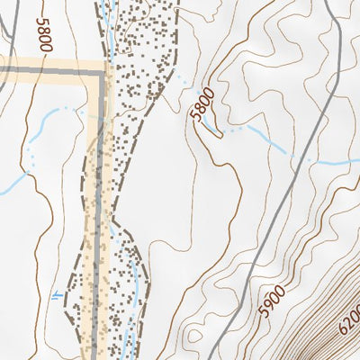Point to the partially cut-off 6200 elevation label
(349, 319)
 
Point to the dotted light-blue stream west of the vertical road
(63, 112)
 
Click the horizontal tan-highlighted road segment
(49, 70)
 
